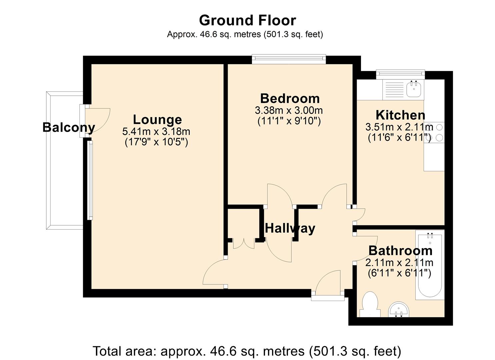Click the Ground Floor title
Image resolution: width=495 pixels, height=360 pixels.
pyautogui.click(x=247, y=20)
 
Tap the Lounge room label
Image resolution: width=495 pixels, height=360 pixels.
pyautogui.click(x=157, y=120)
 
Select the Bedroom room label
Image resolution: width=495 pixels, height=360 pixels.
pyautogui.click(x=290, y=98)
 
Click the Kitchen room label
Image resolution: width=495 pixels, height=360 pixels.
pyautogui.click(x=400, y=115)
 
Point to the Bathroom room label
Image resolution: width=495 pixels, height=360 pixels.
pyautogui.click(x=400, y=251)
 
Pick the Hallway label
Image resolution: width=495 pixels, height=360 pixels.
pyautogui.click(x=290, y=229)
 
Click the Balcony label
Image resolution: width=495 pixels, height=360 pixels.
pyautogui.click(x=69, y=128)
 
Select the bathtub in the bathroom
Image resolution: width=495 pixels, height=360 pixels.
pyautogui.click(x=430, y=265)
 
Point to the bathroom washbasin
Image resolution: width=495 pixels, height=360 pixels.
pyautogui.click(x=399, y=310)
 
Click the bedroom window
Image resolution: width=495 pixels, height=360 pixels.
pyautogui.click(x=289, y=59)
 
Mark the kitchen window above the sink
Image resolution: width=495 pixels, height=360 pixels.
pyautogui.click(x=400, y=74)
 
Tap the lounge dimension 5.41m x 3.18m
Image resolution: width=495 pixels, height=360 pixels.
pyautogui.click(x=156, y=132)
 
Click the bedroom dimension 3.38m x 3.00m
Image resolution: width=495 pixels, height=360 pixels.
pyautogui.click(x=289, y=110)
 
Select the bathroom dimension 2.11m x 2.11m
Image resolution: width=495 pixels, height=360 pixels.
pyautogui.click(x=399, y=263)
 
